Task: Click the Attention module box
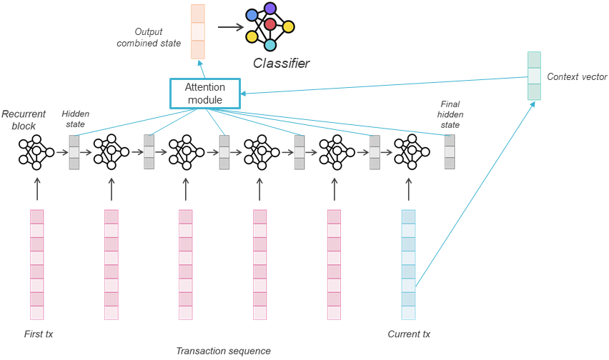(x=204, y=94)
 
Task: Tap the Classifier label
(x=281, y=64)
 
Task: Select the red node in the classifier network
(x=269, y=24)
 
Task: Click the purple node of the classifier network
(x=269, y=9)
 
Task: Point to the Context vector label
(x=576, y=76)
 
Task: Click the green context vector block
(x=534, y=76)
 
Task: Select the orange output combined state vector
(x=197, y=32)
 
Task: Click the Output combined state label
(x=158, y=38)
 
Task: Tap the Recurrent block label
(x=24, y=119)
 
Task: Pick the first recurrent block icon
(x=36, y=151)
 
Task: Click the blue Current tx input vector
(x=408, y=264)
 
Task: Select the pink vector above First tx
(x=36, y=264)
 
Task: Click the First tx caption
(x=39, y=334)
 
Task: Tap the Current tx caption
(x=409, y=334)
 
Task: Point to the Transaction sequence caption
(x=223, y=350)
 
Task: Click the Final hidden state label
(x=449, y=114)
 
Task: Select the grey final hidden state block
(x=450, y=151)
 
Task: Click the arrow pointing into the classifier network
(x=230, y=28)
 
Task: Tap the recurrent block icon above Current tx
(x=408, y=151)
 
